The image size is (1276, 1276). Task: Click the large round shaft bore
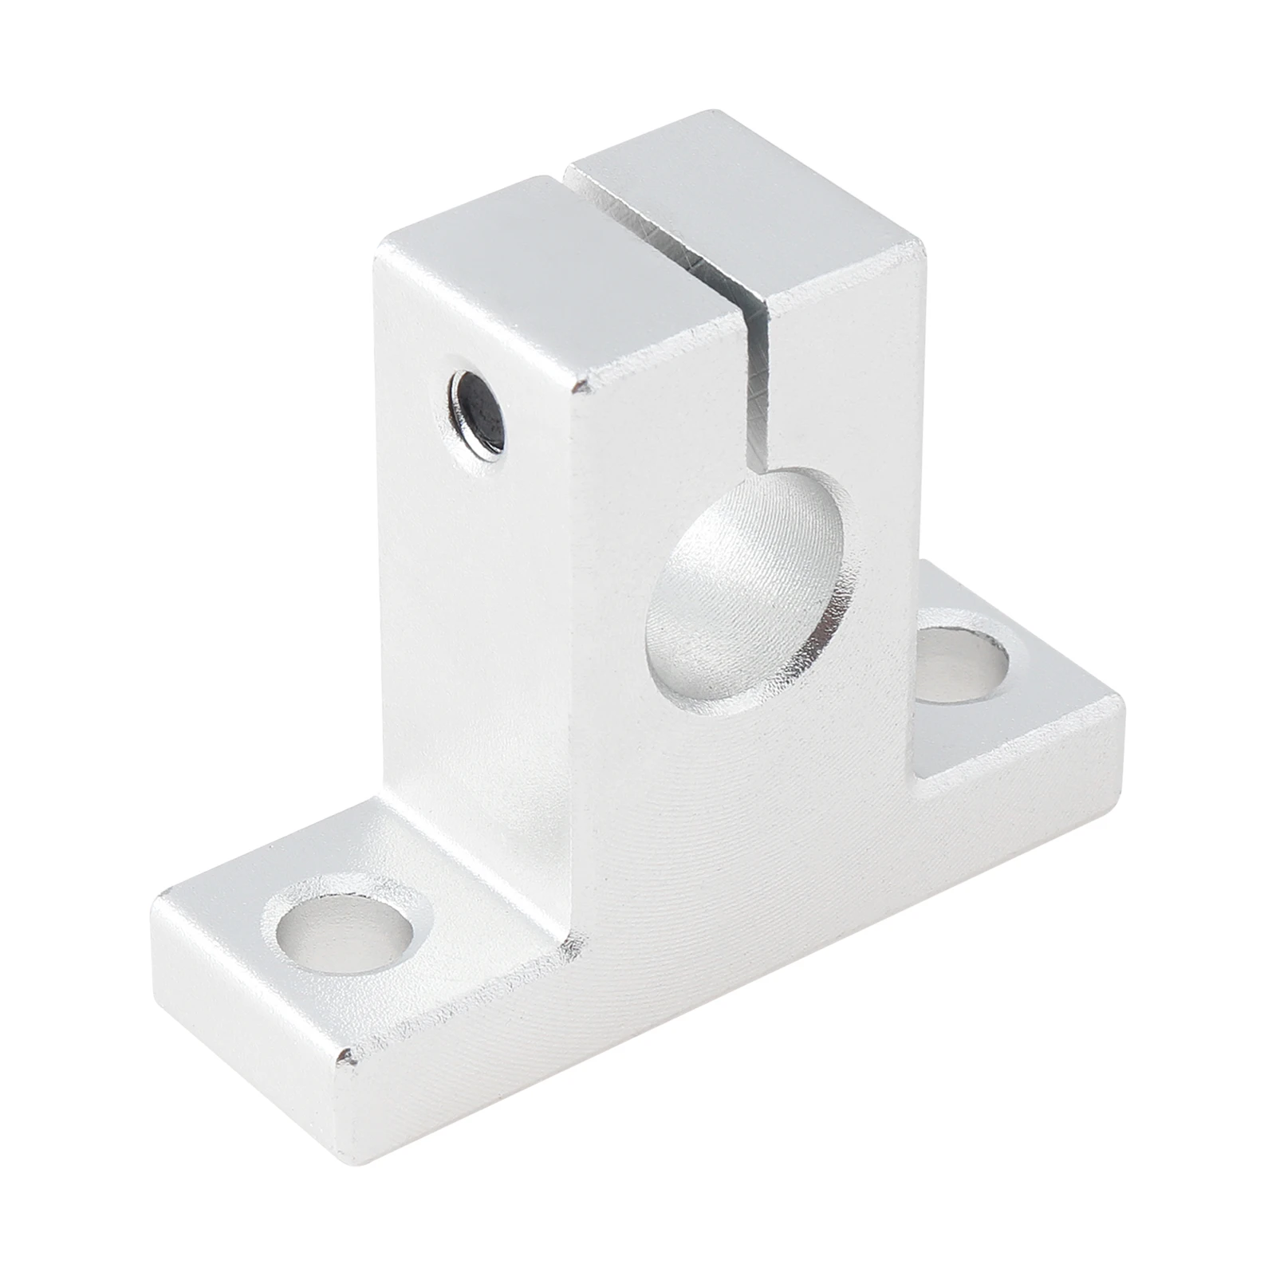click(x=746, y=594)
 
